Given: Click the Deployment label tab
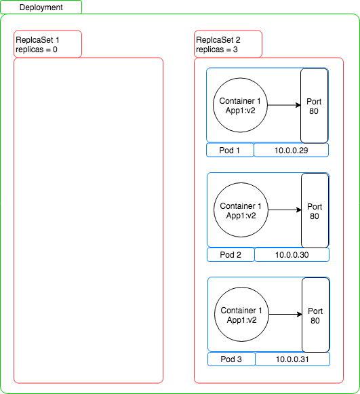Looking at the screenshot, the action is pyautogui.click(x=41, y=7).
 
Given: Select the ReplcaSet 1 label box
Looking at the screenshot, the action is pyautogui.click(x=47, y=44).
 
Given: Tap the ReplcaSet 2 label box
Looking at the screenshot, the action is pyautogui.click(x=228, y=44).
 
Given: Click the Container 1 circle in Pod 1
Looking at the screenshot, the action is pyautogui.click(x=240, y=105).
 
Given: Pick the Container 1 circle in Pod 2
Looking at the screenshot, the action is pyautogui.click(x=241, y=210).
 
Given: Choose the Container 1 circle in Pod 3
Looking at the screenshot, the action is pyautogui.click(x=241, y=315).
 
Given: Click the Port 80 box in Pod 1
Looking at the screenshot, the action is pyautogui.click(x=315, y=106).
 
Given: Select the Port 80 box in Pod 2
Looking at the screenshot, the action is pyautogui.click(x=315, y=211).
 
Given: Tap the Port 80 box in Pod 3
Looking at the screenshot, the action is pyautogui.click(x=316, y=315).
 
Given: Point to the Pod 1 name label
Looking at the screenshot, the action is pyautogui.click(x=230, y=150).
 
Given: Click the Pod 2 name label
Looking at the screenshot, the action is pyautogui.click(x=231, y=254).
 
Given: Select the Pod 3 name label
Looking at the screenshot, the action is pyautogui.click(x=231, y=359).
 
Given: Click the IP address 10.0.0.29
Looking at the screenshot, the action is pyautogui.click(x=291, y=151).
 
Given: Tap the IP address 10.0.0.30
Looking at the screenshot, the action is pyautogui.click(x=292, y=255).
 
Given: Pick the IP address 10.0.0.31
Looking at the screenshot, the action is pyautogui.click(x=292, y=359).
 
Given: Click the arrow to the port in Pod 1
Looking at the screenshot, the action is pyautogui.click(x=284, y=105).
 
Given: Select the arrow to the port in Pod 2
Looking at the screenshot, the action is pyautogui.click(x=285, y=210).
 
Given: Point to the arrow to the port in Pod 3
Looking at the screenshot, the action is pyautogui.click(x=285, y=315).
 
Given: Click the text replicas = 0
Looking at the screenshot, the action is pyautogui.click(x=37, y=50).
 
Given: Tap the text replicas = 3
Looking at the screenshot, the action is pyautogui.click(x=217, y=50).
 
